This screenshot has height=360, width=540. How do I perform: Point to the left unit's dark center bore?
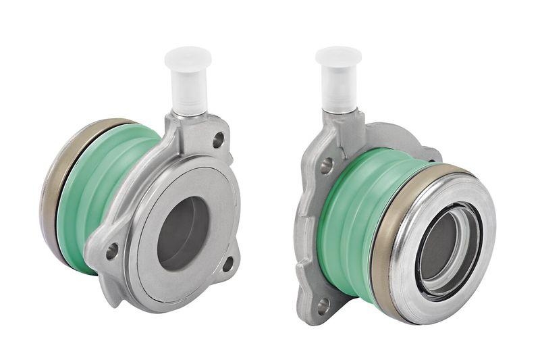(x=182, y=233)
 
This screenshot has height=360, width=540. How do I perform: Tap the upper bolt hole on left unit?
(x=218, y=140)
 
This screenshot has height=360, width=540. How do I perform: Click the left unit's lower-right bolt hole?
(x=228, y=263)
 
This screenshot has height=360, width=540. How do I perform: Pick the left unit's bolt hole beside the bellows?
(x=111, y=251)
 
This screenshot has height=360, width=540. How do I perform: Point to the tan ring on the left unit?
(x=53, y=196)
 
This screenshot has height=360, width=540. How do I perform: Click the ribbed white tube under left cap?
(x=189, y=95)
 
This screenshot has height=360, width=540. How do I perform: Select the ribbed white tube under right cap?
(x=338, y=95)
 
